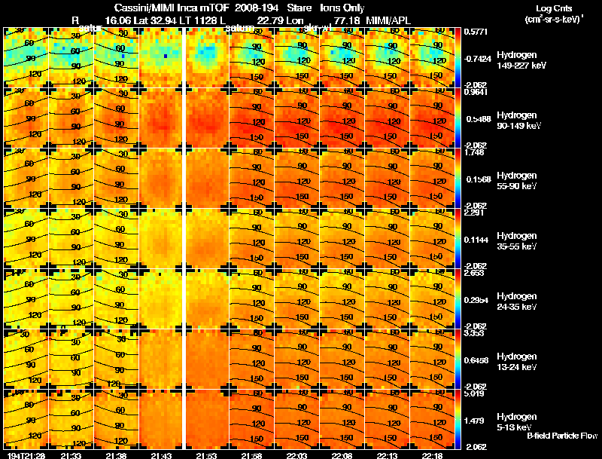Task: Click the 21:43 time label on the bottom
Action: pos(162,455)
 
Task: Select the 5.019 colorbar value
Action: pos(474,394)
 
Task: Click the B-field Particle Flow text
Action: pos(561,436)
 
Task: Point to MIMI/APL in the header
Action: pos(387,20)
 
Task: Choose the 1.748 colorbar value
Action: pos(474,152)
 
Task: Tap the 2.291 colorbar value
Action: pos(474,213)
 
